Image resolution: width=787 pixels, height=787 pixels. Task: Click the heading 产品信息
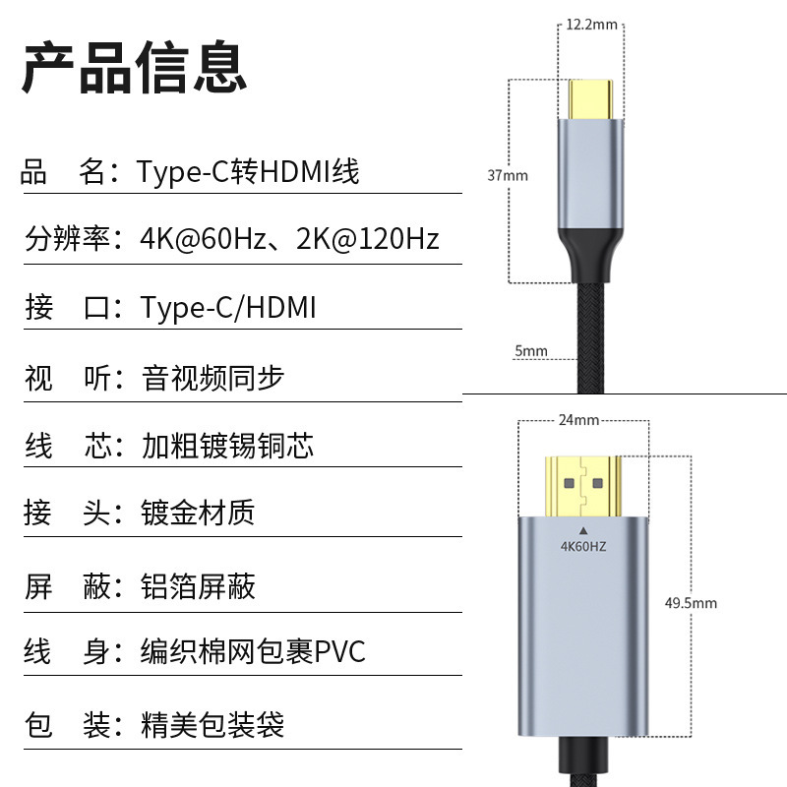pos(134,68)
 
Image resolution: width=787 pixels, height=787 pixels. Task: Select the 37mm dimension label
pos(508,176)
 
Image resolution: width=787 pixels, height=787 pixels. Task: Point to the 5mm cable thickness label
pos(530,351)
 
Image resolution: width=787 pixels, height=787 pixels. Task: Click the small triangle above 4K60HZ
pos(584,529)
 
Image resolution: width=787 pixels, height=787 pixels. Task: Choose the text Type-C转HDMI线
pos(248,172)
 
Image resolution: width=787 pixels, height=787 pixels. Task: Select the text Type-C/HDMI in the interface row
pos(228,308)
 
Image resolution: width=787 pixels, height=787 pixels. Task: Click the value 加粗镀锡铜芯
pos(227,446)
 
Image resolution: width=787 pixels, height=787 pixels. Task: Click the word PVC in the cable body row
pos(339,652)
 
